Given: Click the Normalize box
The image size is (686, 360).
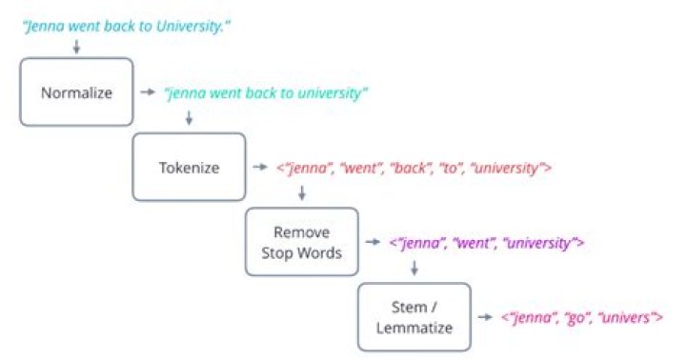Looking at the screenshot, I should (x=76, y=93).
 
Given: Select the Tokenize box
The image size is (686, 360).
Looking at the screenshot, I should (x=189, y=168).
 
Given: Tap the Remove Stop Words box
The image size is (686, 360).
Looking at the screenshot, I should (x=302, y=243).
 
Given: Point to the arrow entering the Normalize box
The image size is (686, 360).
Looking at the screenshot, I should (x=76, y=47).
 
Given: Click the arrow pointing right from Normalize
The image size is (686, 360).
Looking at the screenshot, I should (x=148, y=93).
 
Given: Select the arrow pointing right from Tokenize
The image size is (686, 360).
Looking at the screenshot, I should (x=259, y=168).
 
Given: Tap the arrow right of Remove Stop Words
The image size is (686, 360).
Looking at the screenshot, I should (x=373, y=243).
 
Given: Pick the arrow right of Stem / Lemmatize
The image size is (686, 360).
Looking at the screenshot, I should (x=485, y=317).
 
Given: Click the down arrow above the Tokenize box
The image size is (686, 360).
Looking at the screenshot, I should (x=189, y=118).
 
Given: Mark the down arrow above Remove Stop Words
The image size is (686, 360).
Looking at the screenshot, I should (x=302, y=193).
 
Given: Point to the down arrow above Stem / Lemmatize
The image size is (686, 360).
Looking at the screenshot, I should (x=414, y=268).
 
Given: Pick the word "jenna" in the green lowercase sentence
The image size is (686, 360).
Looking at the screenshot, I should (x=185, y=93).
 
